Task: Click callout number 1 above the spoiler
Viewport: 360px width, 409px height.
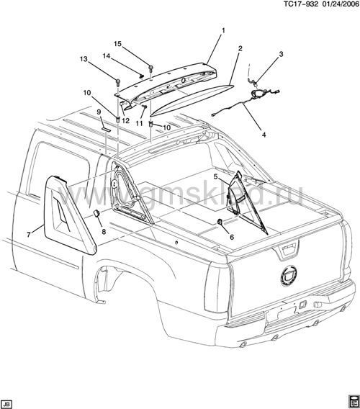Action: (x=223, y=31)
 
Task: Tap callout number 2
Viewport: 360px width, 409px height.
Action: (x=240, y=48)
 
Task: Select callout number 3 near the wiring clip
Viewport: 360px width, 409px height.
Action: (x=281, y=54)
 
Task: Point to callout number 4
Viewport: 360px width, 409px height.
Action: (x=264, y=135)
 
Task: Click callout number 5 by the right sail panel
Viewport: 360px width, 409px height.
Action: (x=215, y=177)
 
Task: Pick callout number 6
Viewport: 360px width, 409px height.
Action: (x=232, y=237)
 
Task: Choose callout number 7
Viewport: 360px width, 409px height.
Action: (x=28, y=235)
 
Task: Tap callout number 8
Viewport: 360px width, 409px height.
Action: (x=104, y=232)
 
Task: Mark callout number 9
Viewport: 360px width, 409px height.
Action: (x=99, y=112)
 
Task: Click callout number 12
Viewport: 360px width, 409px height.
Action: (x=125, y=121)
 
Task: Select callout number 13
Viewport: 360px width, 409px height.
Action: (x=84, y=59)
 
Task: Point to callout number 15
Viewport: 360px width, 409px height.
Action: (x=117, y=44)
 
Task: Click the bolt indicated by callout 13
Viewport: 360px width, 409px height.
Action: (x=117, y=82)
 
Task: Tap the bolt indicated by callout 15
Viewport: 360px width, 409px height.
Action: (x=150, y=69)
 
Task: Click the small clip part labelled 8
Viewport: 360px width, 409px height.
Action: (x=96, y=213)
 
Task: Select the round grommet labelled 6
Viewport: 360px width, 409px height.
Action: (x=220, y=222)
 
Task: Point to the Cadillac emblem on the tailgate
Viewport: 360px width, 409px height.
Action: (x=289, y=276)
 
